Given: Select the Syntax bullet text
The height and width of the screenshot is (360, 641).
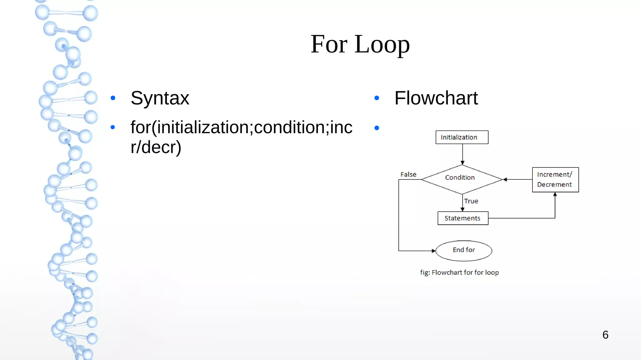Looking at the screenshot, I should [160, 98].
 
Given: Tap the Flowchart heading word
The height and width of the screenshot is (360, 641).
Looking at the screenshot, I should [436, 98].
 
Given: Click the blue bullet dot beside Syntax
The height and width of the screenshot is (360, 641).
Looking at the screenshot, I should [113, 98].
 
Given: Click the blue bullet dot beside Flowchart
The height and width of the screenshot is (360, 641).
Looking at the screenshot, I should [377, 98].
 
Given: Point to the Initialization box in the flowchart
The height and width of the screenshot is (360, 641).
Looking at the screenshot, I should [462, 137].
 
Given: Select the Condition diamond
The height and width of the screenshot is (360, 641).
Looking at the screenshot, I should [462, 179].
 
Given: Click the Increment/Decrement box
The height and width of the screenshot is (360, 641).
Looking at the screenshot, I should [555, 180].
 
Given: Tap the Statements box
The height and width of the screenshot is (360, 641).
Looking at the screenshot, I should [463, 218].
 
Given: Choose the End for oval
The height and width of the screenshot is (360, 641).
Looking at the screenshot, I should [464, 250].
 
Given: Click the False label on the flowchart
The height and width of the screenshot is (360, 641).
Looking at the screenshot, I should [408, 174].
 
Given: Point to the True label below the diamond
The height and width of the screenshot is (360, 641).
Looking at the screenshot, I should [471, 201].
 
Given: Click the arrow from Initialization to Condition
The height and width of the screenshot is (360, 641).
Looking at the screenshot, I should [462, 154].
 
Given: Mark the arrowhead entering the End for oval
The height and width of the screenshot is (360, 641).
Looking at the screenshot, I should [433, 251].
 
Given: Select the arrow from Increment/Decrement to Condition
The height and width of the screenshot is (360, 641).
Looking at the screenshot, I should [518, 179].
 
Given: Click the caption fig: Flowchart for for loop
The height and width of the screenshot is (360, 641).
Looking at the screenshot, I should [459, 272].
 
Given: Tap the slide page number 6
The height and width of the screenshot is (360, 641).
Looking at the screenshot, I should [605, 335].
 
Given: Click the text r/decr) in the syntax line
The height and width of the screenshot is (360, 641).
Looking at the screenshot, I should [156, 147].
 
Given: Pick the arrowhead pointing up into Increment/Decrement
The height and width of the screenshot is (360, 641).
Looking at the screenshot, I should [555, 194].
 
